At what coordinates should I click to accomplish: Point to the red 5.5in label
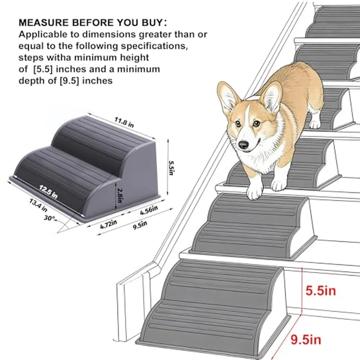point(320,291)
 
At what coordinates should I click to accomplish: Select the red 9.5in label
point(320,339)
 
